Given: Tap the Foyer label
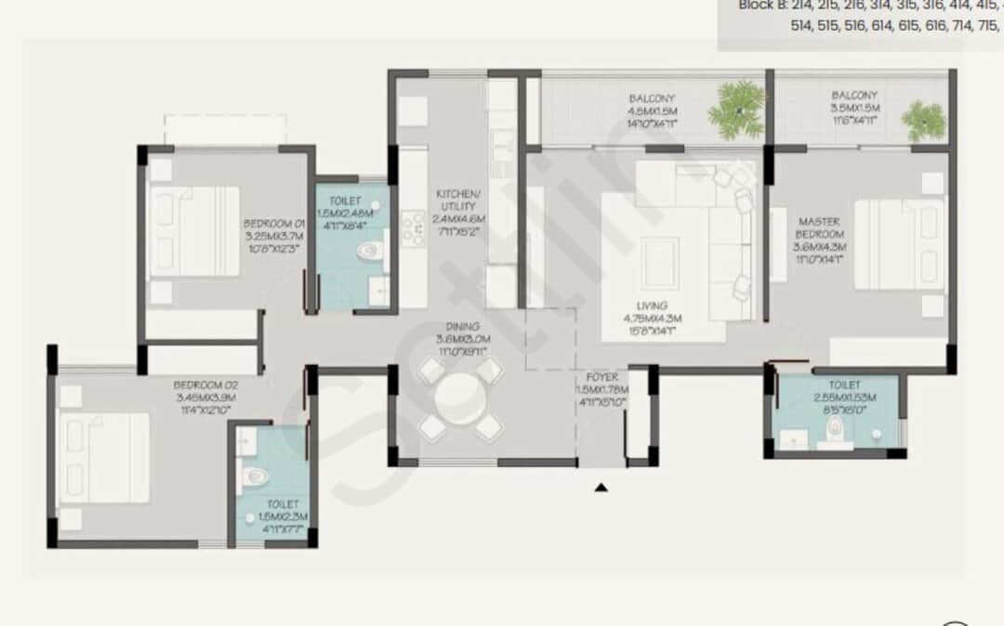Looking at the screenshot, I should (x=601, y=390).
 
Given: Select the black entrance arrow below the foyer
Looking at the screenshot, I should (x=601, y=486).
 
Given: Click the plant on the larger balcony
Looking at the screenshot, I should (x=737, y=110).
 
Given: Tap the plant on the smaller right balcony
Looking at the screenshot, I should (x=923, y=119).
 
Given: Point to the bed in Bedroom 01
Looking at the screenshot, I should (x=194, y=231).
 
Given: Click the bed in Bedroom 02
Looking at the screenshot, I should (x=104, y=457).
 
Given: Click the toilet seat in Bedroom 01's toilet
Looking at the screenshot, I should (x=369, y=250).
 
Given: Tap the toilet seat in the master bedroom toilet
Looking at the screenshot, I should (x=834, y=427).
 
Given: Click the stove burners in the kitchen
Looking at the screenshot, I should (x=412, y=228).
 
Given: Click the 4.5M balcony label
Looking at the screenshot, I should (x=652, y=110).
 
